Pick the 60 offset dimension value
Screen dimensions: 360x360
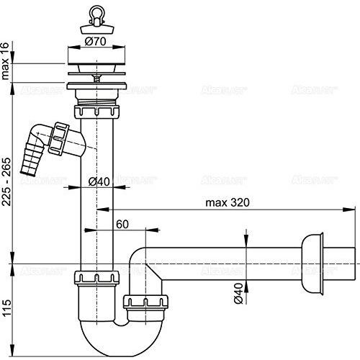tap(124, 225)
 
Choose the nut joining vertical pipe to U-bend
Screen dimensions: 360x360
tap(96, 277)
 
